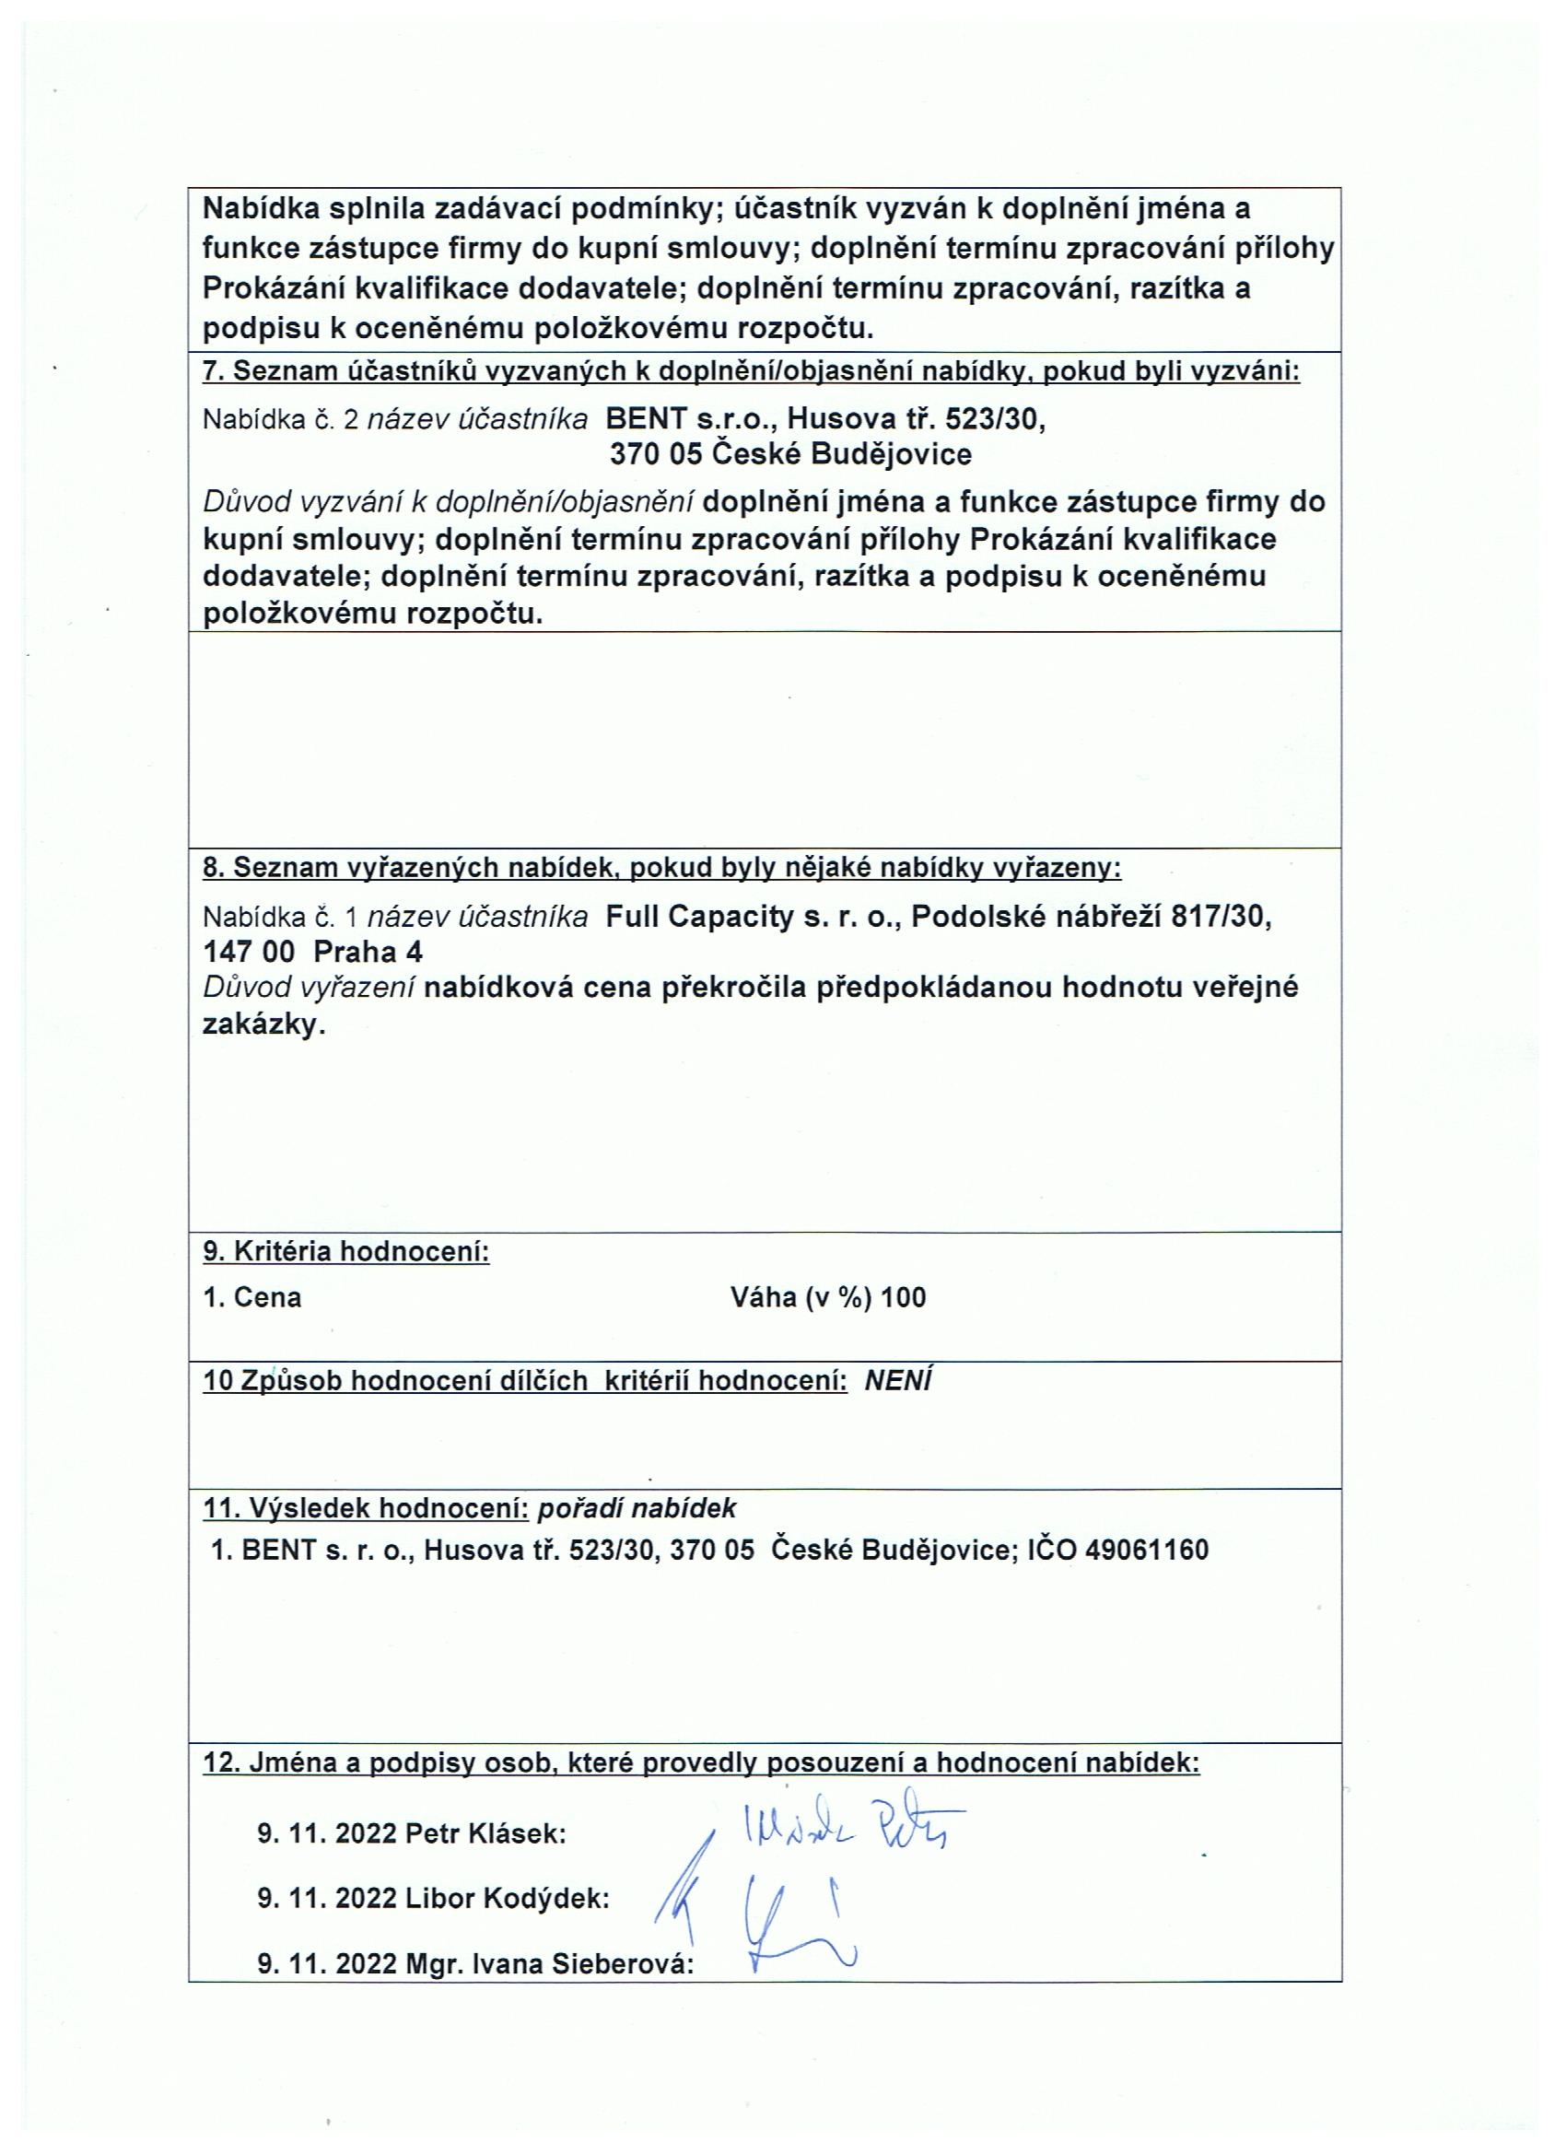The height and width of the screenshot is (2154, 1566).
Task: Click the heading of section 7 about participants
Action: point(750,371)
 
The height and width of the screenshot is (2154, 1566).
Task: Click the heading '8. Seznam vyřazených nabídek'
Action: point(662,867)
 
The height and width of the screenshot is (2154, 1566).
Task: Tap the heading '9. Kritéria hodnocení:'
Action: point(346,1252)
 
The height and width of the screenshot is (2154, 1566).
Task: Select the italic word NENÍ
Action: point(897,1380)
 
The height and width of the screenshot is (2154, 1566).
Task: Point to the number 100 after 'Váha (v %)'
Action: point(903,1297)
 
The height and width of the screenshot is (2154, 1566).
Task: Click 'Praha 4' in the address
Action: point(368,952)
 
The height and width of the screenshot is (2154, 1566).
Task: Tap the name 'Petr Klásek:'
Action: point(485,1833)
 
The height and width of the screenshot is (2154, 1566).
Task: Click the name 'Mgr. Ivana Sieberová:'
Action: point(550,1964)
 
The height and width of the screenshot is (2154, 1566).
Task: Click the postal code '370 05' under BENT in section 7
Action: point(655,454)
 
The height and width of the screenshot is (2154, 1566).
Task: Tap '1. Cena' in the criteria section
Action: point(252,1297)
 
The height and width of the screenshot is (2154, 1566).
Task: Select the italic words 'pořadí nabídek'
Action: point(637,1508)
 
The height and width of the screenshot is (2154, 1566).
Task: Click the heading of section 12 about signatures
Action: point(701,1763)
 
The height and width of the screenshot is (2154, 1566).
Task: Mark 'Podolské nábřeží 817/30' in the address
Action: point(1088,917)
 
